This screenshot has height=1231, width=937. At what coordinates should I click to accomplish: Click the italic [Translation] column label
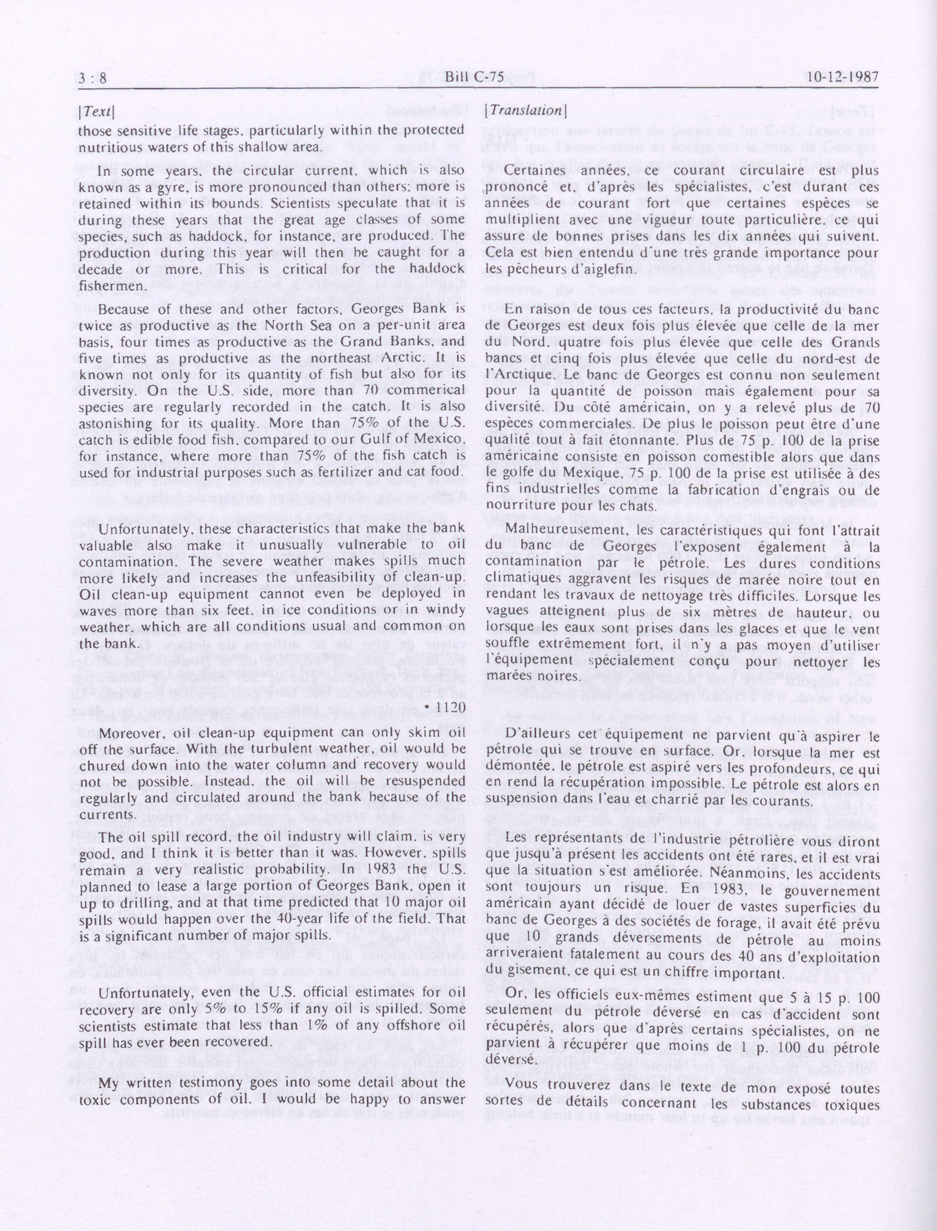click(526, 111)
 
